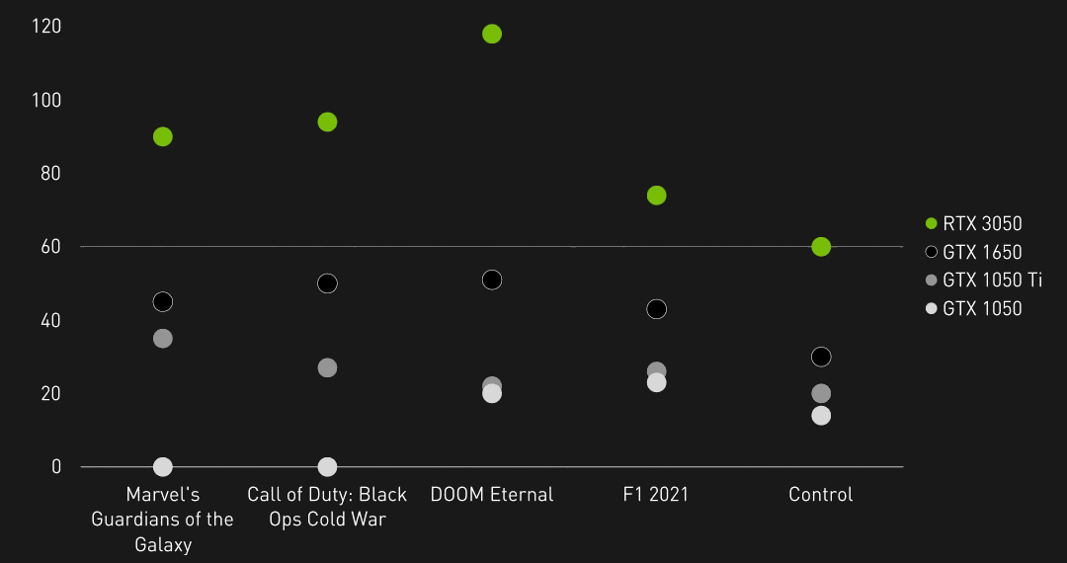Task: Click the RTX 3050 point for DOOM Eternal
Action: (492, 34)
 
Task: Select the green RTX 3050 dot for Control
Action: (821, 246)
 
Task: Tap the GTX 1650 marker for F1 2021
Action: (656, 309)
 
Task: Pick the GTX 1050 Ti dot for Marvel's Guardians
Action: (163, 338)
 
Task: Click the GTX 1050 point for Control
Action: (821, 415)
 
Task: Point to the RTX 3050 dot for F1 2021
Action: (656, 196)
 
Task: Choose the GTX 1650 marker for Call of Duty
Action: (327, 283)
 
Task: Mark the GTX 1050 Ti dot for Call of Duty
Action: (327, 367)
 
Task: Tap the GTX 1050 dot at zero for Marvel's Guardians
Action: (163, 466)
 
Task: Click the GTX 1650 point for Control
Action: (821, 357)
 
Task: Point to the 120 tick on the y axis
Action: (46, 27)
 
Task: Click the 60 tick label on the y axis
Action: (50, 247)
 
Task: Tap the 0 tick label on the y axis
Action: (55, 467)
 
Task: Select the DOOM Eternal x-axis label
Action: (492, 495)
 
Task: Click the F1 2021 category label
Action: (656, 495)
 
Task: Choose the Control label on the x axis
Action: (821, 495)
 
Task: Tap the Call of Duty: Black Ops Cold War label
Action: (327, 507)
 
